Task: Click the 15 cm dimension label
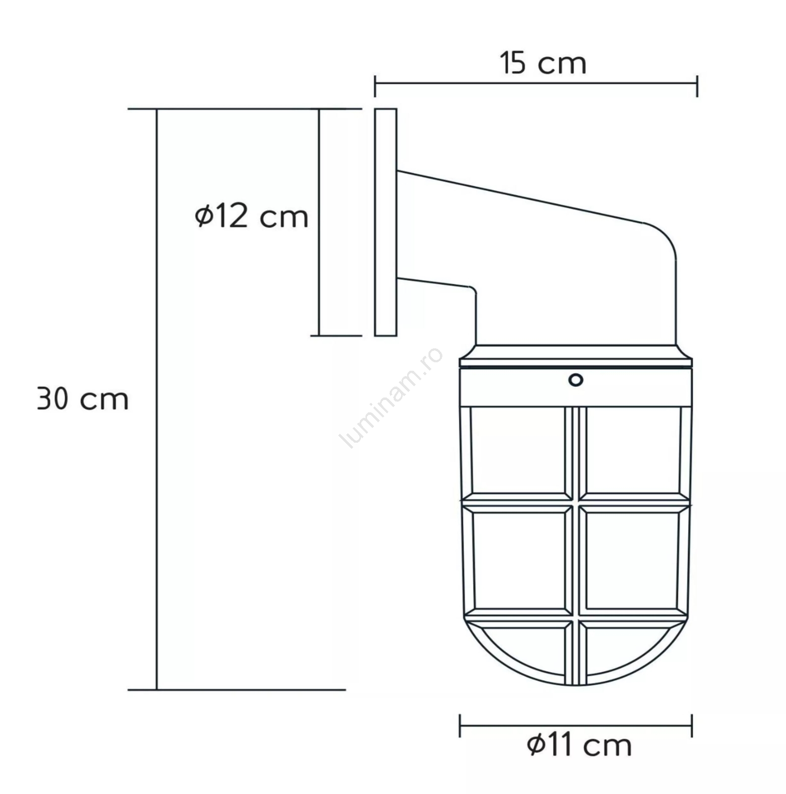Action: (x=543, y=64)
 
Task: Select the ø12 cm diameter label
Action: (x=252, y=216)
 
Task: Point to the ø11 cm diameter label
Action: (x=579, y=745)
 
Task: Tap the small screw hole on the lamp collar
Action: (x=575, y=380)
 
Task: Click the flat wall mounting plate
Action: (x=385, y=222)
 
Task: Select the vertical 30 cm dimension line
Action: (x=157, y=399)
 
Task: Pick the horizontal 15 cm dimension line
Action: (x=536, y=84)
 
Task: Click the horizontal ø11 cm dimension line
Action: (x=576, y=725)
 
